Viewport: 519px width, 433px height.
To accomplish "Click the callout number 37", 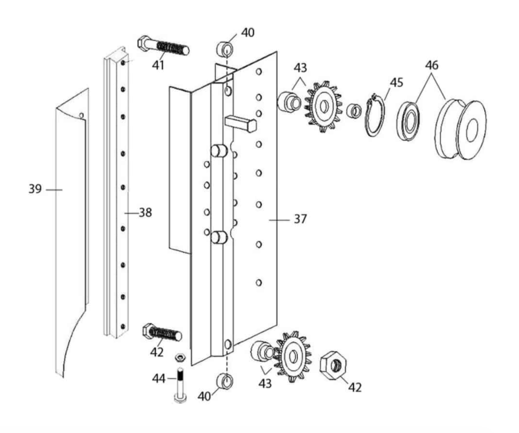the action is click(x=300, y=219).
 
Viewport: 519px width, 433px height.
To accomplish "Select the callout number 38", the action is click(x=145, y=213).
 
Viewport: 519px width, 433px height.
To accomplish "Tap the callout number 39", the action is click(x=35, y=189).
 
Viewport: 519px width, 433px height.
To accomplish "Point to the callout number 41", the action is click(x=158, y=65).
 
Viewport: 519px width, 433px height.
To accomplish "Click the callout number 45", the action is click(x=397, y=82).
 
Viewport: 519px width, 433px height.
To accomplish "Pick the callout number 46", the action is click(x=432, y=65).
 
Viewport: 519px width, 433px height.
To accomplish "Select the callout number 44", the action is click(x=158, y=379).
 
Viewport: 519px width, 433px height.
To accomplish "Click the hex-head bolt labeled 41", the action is click(x=163, y=46).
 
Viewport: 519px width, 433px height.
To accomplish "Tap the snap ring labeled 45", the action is click(x=375, y=114).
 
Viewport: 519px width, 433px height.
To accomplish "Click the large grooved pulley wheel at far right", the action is click(x=460, y=129).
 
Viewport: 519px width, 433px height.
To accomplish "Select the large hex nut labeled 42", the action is click(x=333, y=366).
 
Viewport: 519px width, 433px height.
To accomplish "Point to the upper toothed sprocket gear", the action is click(x=323, y=106).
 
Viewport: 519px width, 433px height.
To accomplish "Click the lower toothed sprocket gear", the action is click(x=292, y=357).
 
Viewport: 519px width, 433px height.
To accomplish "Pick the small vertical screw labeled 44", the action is click(x=180, y=385).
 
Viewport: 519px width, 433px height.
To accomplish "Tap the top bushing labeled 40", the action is click(x=225, y=49).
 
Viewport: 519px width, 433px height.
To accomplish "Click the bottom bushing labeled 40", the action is click(x=225, y=381).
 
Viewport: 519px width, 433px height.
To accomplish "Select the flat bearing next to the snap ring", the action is click(x=408, y=121).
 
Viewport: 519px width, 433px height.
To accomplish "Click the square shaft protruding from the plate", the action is click(x=241, y=124).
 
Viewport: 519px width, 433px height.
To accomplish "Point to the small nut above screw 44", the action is click(x=180, y=357).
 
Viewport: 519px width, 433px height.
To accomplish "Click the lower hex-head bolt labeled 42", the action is click(x=162, y=332).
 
